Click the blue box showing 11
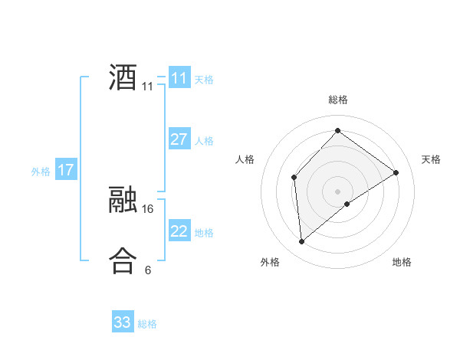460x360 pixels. tap(179, 78)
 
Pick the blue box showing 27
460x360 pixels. tap(179, 139)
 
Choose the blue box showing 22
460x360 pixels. tap(179, 231)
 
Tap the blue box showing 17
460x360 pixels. tap(65, 170)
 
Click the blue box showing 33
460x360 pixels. tap(122, 322)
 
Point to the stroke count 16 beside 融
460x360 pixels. tap(148, 208)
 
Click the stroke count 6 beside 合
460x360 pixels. tap(148, 270)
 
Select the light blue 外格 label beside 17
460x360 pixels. tap(41, 172)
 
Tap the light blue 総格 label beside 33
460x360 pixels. tap(147, 324)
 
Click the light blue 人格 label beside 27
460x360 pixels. tap(204, 141)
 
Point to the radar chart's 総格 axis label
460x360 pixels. tap(338, 100)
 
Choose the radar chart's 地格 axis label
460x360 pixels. tap(402, 262)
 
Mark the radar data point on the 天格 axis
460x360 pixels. tap(396, 172)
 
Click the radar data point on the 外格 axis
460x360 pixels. tap(302, 242)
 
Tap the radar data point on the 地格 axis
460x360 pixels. tap(347, 204)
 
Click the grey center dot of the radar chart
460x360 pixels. tap(337, 191)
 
